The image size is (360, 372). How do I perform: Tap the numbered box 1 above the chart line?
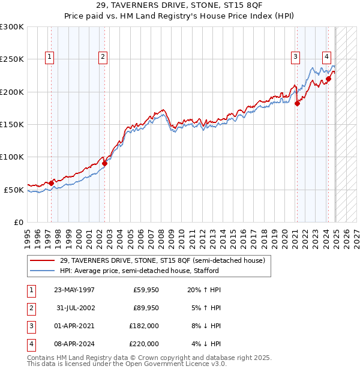pyautogui.click(x=49, y=57)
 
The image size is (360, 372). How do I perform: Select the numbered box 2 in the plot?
pyautogui.click(x=103, y=57)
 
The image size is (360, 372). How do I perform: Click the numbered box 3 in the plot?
pyautogui.click(x=296, y=57)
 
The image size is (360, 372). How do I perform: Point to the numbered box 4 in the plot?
pyautogui.click(x=326, y=57)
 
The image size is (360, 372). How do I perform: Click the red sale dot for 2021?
pyautogui.click(x=297, y=103)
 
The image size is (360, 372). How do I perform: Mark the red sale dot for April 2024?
pyautogui.click(x=329, y=79)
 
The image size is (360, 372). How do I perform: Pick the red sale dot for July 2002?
pyautogui.click(x=104, y=163)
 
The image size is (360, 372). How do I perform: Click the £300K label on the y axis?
pyautogui.click(x=12, y=27)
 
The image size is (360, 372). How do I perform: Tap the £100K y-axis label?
pyautogui.click(x=12, y=157)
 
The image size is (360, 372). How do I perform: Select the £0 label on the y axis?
pyautogui.click(x=18, y=222)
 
